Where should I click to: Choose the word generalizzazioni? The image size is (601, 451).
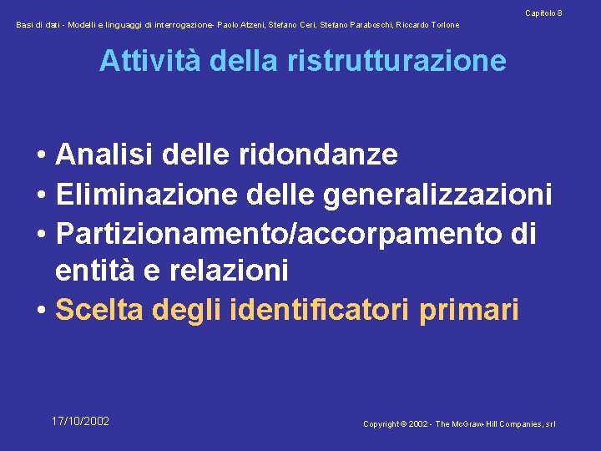tap(437, 194)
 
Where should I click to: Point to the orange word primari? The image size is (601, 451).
tap(469, 309)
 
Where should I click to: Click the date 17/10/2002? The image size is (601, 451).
tap(80, 421)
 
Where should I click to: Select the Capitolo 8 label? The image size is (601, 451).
tap(543, 13)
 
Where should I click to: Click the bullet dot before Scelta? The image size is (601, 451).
tap(41, 310)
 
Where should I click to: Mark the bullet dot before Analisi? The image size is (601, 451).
tap(41, 155)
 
